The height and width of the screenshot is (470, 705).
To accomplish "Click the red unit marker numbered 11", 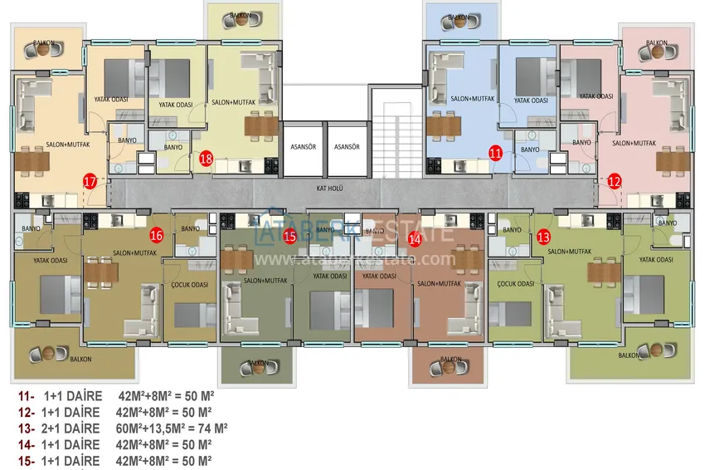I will click(x=495, y=153).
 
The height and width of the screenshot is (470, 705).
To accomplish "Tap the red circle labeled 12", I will click(x=614, y=179).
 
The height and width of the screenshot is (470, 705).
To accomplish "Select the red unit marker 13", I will click(x=543, y=237).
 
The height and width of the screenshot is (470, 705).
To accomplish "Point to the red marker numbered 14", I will click(x=416, y=237).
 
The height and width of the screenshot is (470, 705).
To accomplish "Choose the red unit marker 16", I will click(x=157, y=235).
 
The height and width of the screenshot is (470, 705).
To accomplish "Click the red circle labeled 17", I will click(x=90, y=180).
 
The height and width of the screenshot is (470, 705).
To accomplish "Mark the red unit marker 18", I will click(x=206, y=158).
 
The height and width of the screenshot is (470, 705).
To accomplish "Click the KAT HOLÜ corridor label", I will click(x=329, y=188).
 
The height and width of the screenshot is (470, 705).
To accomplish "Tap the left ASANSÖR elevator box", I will click(x=300, y=147).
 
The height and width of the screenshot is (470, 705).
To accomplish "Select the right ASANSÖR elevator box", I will click(x=346, y=147).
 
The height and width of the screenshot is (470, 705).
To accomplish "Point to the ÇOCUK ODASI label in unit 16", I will click(x=187, y=283).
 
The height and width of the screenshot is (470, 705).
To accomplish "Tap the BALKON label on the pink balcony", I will click(x=657, y=42).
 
